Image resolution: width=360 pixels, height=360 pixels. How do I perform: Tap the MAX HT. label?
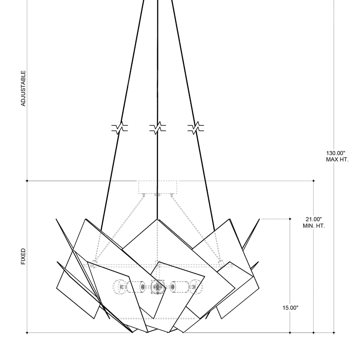pos(337,159)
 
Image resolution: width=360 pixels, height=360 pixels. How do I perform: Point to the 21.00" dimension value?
pos(313,219)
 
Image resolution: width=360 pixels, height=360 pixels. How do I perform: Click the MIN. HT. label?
pos(314,226)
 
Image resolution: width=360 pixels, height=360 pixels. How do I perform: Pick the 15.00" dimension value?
pos(291,308)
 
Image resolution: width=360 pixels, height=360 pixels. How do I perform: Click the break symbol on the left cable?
pos(120,128)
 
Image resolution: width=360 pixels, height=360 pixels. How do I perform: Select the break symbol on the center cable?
pos(158,128)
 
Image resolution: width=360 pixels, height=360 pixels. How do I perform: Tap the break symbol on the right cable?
pos(195,128)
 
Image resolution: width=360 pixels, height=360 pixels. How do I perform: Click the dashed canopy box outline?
pos(158,187)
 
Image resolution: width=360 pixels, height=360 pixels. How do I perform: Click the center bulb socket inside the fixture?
pos(157,287)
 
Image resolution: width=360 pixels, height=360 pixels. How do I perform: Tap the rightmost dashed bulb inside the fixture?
pos(197,287)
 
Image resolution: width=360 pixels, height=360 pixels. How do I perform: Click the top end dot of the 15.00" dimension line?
pos(290,219)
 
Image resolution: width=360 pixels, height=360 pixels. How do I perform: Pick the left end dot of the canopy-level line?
pos(27,181)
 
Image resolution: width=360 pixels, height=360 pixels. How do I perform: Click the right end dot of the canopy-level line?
pos(314,181)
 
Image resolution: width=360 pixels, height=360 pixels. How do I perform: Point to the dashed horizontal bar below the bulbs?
pos(157,318)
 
